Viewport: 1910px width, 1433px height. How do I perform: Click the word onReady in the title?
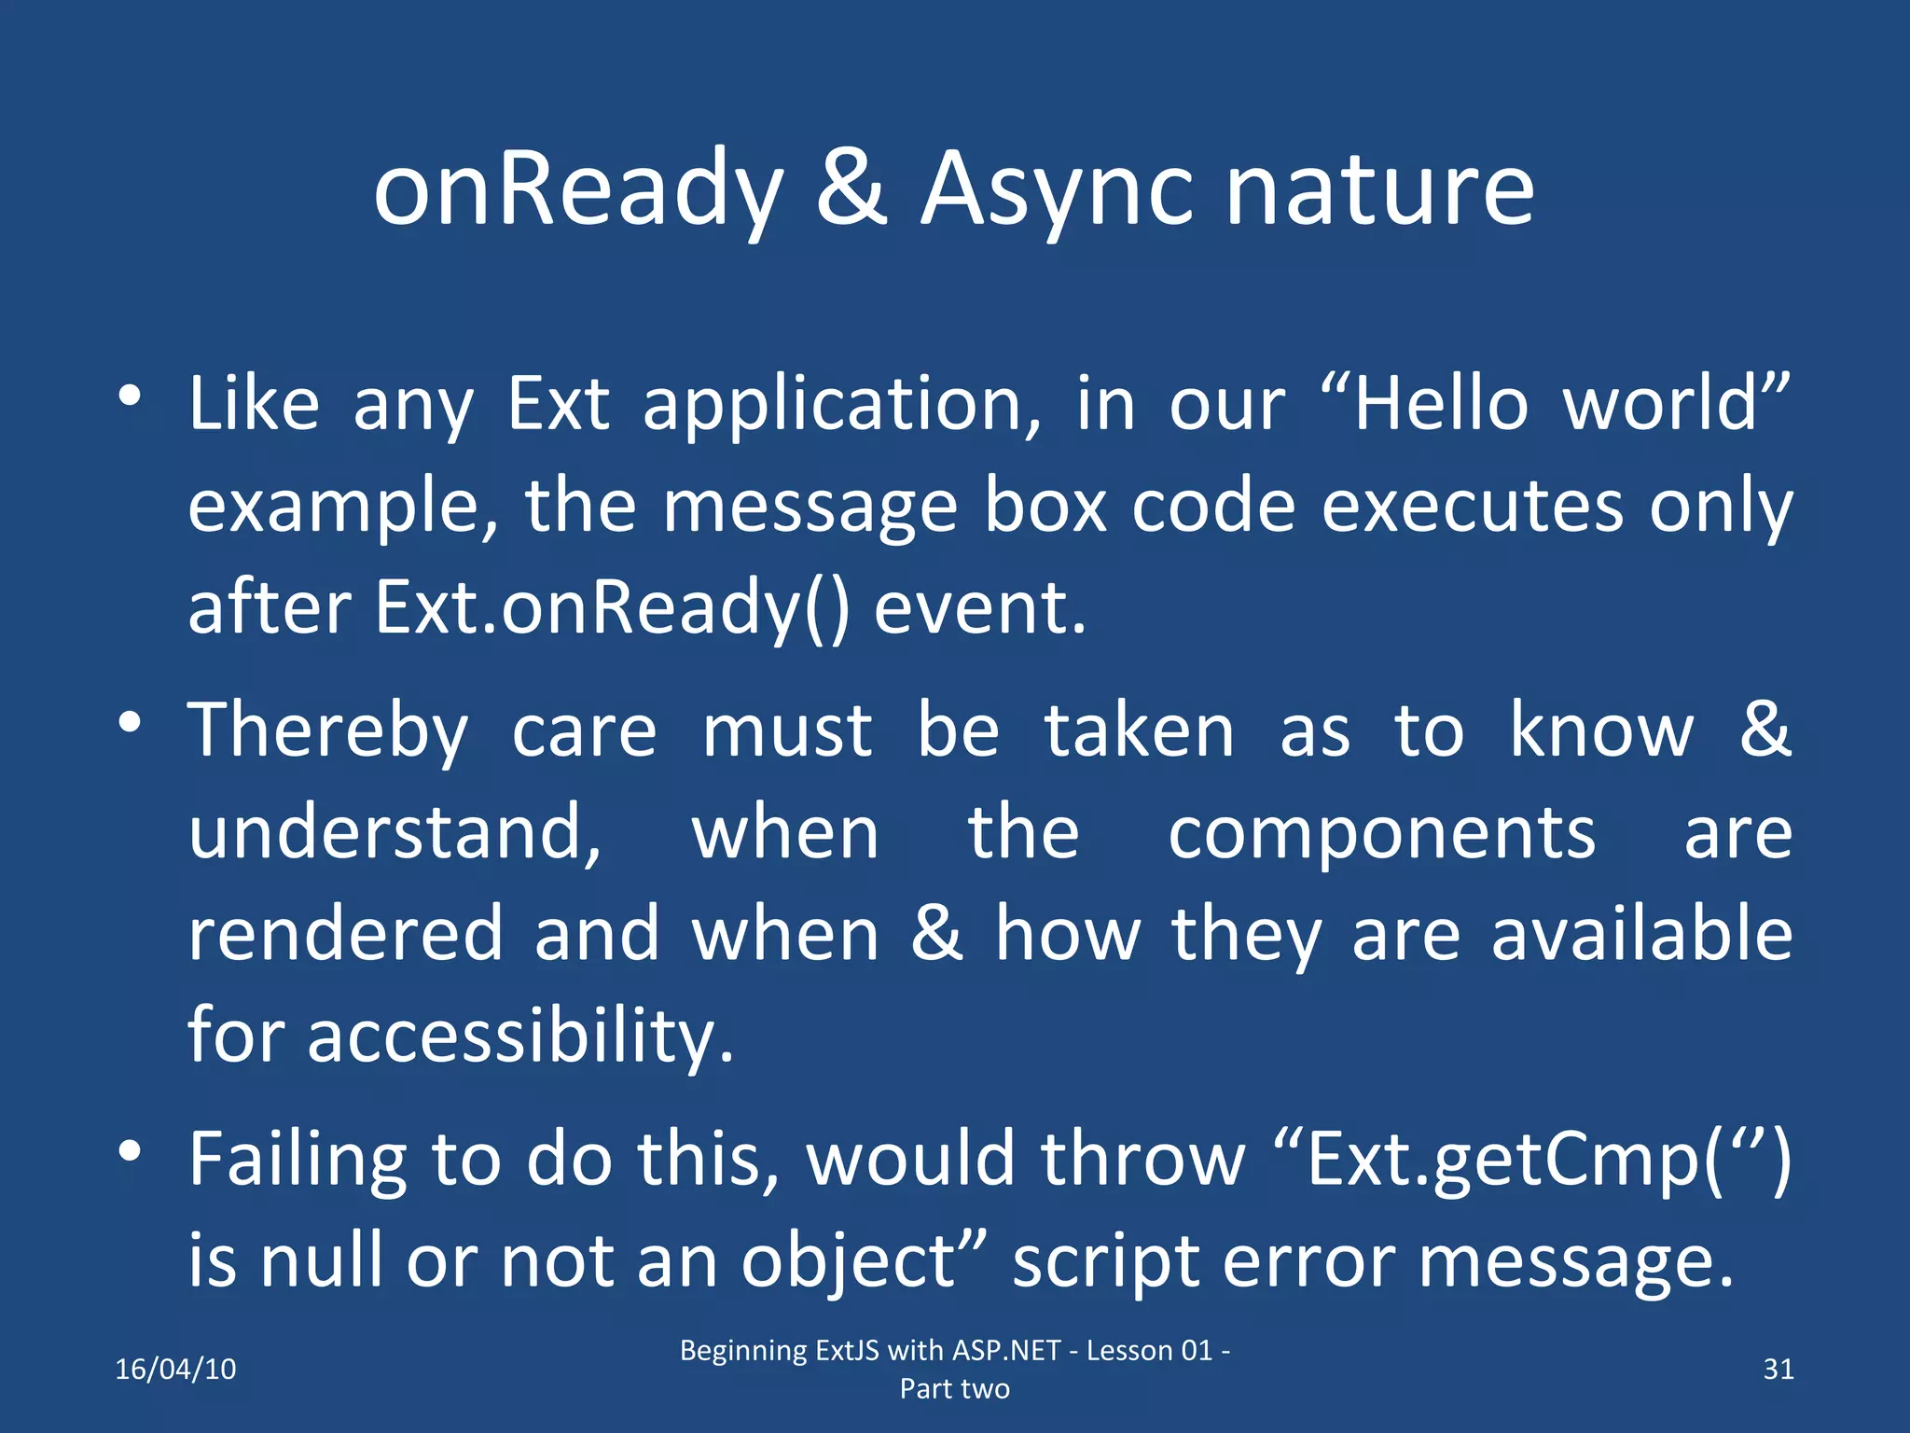pos(577,190)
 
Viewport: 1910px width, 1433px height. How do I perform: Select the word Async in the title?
pos(1057,190)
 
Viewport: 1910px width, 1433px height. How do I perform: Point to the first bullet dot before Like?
pos(130,396)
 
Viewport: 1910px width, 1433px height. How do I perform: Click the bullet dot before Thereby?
pos(130,722)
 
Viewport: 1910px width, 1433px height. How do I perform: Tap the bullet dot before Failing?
pos(130,1151)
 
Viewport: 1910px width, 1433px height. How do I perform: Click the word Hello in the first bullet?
pos(1441,403)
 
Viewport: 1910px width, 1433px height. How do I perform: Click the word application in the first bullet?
pos(842,405)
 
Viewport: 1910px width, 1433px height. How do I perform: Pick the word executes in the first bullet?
pos(1473,506)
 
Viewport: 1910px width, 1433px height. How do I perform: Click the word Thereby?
pos(327,731)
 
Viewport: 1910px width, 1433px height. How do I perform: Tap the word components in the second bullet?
pos(1381,832)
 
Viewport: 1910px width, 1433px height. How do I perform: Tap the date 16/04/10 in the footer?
pos(175,1369)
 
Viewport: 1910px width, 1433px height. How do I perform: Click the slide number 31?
pos(1779,1369)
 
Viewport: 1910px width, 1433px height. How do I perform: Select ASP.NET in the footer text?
pos(1006,1350)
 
